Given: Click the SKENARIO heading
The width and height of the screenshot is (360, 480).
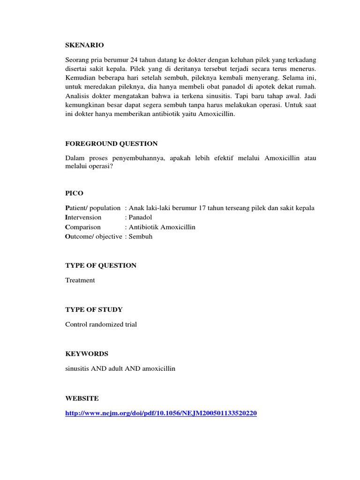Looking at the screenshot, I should (84, 45).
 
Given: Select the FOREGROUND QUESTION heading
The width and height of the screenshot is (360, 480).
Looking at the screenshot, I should (111, 143).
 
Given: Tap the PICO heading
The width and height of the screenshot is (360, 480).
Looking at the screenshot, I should (75, 193).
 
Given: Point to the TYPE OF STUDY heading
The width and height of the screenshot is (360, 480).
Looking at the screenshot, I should (94, 309).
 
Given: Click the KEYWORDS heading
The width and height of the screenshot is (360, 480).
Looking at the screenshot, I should (87, 353).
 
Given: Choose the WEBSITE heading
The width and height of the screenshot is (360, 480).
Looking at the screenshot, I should (82, 398).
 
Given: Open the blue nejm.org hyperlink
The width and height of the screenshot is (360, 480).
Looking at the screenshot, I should (161, 413).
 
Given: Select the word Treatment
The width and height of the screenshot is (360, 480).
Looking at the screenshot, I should (80, 280).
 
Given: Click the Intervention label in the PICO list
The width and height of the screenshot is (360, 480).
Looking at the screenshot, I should (83, 217).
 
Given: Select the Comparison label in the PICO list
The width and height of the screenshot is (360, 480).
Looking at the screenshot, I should (83, 227).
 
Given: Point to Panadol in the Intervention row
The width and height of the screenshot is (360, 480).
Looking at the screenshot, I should (142, 217).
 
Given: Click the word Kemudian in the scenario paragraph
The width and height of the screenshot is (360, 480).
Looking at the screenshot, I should (81, 79).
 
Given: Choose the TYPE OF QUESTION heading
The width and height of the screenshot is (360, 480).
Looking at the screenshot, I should (101, 265).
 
